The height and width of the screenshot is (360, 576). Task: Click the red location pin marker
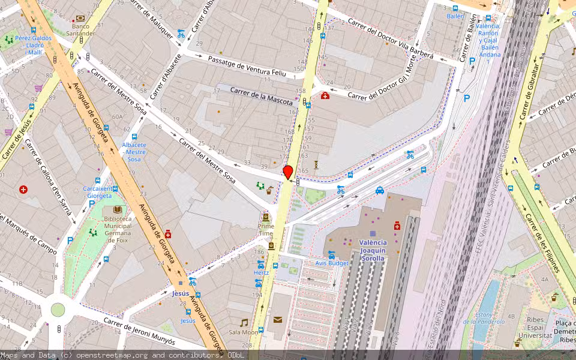(x=288, y=172)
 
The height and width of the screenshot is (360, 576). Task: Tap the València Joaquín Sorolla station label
(x=373, y=250)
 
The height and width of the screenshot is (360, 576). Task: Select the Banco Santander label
(x=80, y=30)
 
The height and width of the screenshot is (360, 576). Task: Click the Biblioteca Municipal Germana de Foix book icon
(x=118, y=210)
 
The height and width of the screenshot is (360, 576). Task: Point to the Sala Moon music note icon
(x=244, y=323)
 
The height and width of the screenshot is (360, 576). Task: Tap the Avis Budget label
(x=332, y=263)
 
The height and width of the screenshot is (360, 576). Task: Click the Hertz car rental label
(x=261, y=272)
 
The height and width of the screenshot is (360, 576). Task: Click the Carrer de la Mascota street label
(x=263, y=95)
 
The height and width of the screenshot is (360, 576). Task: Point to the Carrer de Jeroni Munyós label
(x=139, y=331)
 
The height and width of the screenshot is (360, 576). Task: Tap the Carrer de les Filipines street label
(x=542, y=242)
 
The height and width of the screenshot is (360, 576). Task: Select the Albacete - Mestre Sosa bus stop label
(x=134, y=152)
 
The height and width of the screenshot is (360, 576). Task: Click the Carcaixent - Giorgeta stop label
(x=97, y=191)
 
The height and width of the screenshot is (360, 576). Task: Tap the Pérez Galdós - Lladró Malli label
(x=34, y=45)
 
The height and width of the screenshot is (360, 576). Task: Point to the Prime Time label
(x=266, y=230)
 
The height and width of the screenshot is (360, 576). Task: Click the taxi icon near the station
(x=380, y=191)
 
